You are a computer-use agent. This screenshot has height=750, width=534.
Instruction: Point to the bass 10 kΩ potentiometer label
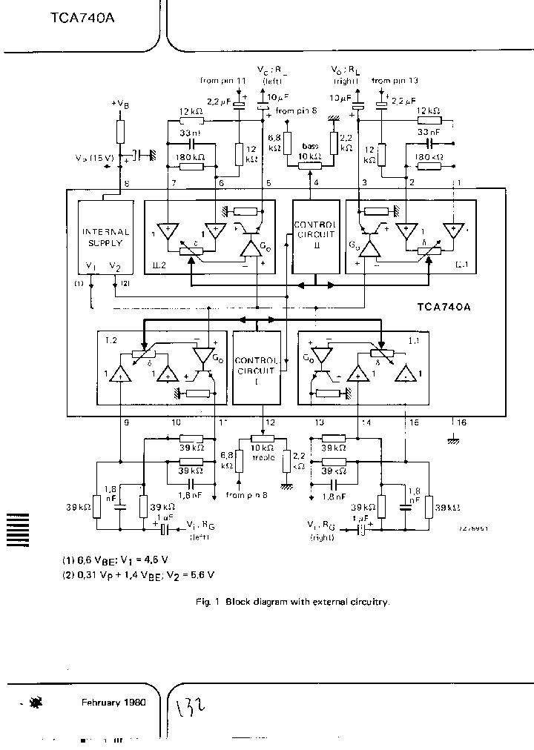pyautogui.click(x=309, y=153)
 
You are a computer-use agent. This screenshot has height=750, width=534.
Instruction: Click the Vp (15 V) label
pyautogui.click(x=94, y=158)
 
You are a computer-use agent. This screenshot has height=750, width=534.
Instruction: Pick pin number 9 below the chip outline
pyautogui.click(x=126, y=422)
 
